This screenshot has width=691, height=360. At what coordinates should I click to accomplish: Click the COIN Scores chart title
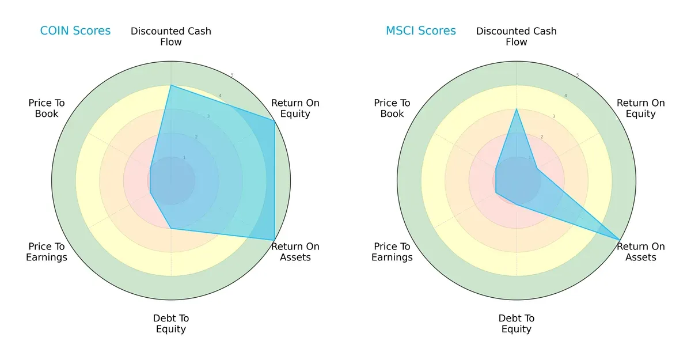75,31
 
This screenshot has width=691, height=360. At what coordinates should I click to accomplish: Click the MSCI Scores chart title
420,31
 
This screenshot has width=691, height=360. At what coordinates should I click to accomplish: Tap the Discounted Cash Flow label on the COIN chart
171,36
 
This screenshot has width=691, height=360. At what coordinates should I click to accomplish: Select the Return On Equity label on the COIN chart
295,108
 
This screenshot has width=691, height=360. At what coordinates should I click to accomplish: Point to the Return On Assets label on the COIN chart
295,252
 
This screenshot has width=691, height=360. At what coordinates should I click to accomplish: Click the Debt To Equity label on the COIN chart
171,324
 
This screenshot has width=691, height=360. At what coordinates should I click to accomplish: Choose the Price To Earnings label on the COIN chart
47,252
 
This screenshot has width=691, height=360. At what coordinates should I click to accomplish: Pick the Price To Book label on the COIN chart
47,108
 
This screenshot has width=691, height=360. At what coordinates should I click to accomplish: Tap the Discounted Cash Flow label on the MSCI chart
517,36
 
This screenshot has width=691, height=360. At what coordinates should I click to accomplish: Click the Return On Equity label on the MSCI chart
640,108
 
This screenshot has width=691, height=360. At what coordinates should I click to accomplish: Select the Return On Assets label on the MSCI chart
640,252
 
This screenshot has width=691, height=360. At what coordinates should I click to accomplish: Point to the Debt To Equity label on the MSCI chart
517,324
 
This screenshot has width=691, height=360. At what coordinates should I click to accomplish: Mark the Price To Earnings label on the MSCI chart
392,252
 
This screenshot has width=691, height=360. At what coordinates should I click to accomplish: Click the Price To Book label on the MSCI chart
392,108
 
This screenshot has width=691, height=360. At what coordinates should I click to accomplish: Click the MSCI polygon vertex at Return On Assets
620,240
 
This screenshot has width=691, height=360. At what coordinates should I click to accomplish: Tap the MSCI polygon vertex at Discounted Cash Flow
517,109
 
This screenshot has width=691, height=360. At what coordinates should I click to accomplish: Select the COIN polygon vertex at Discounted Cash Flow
171,85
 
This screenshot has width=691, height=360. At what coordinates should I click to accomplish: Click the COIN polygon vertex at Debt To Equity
171,229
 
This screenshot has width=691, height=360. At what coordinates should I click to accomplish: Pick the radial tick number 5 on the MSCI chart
578,75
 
